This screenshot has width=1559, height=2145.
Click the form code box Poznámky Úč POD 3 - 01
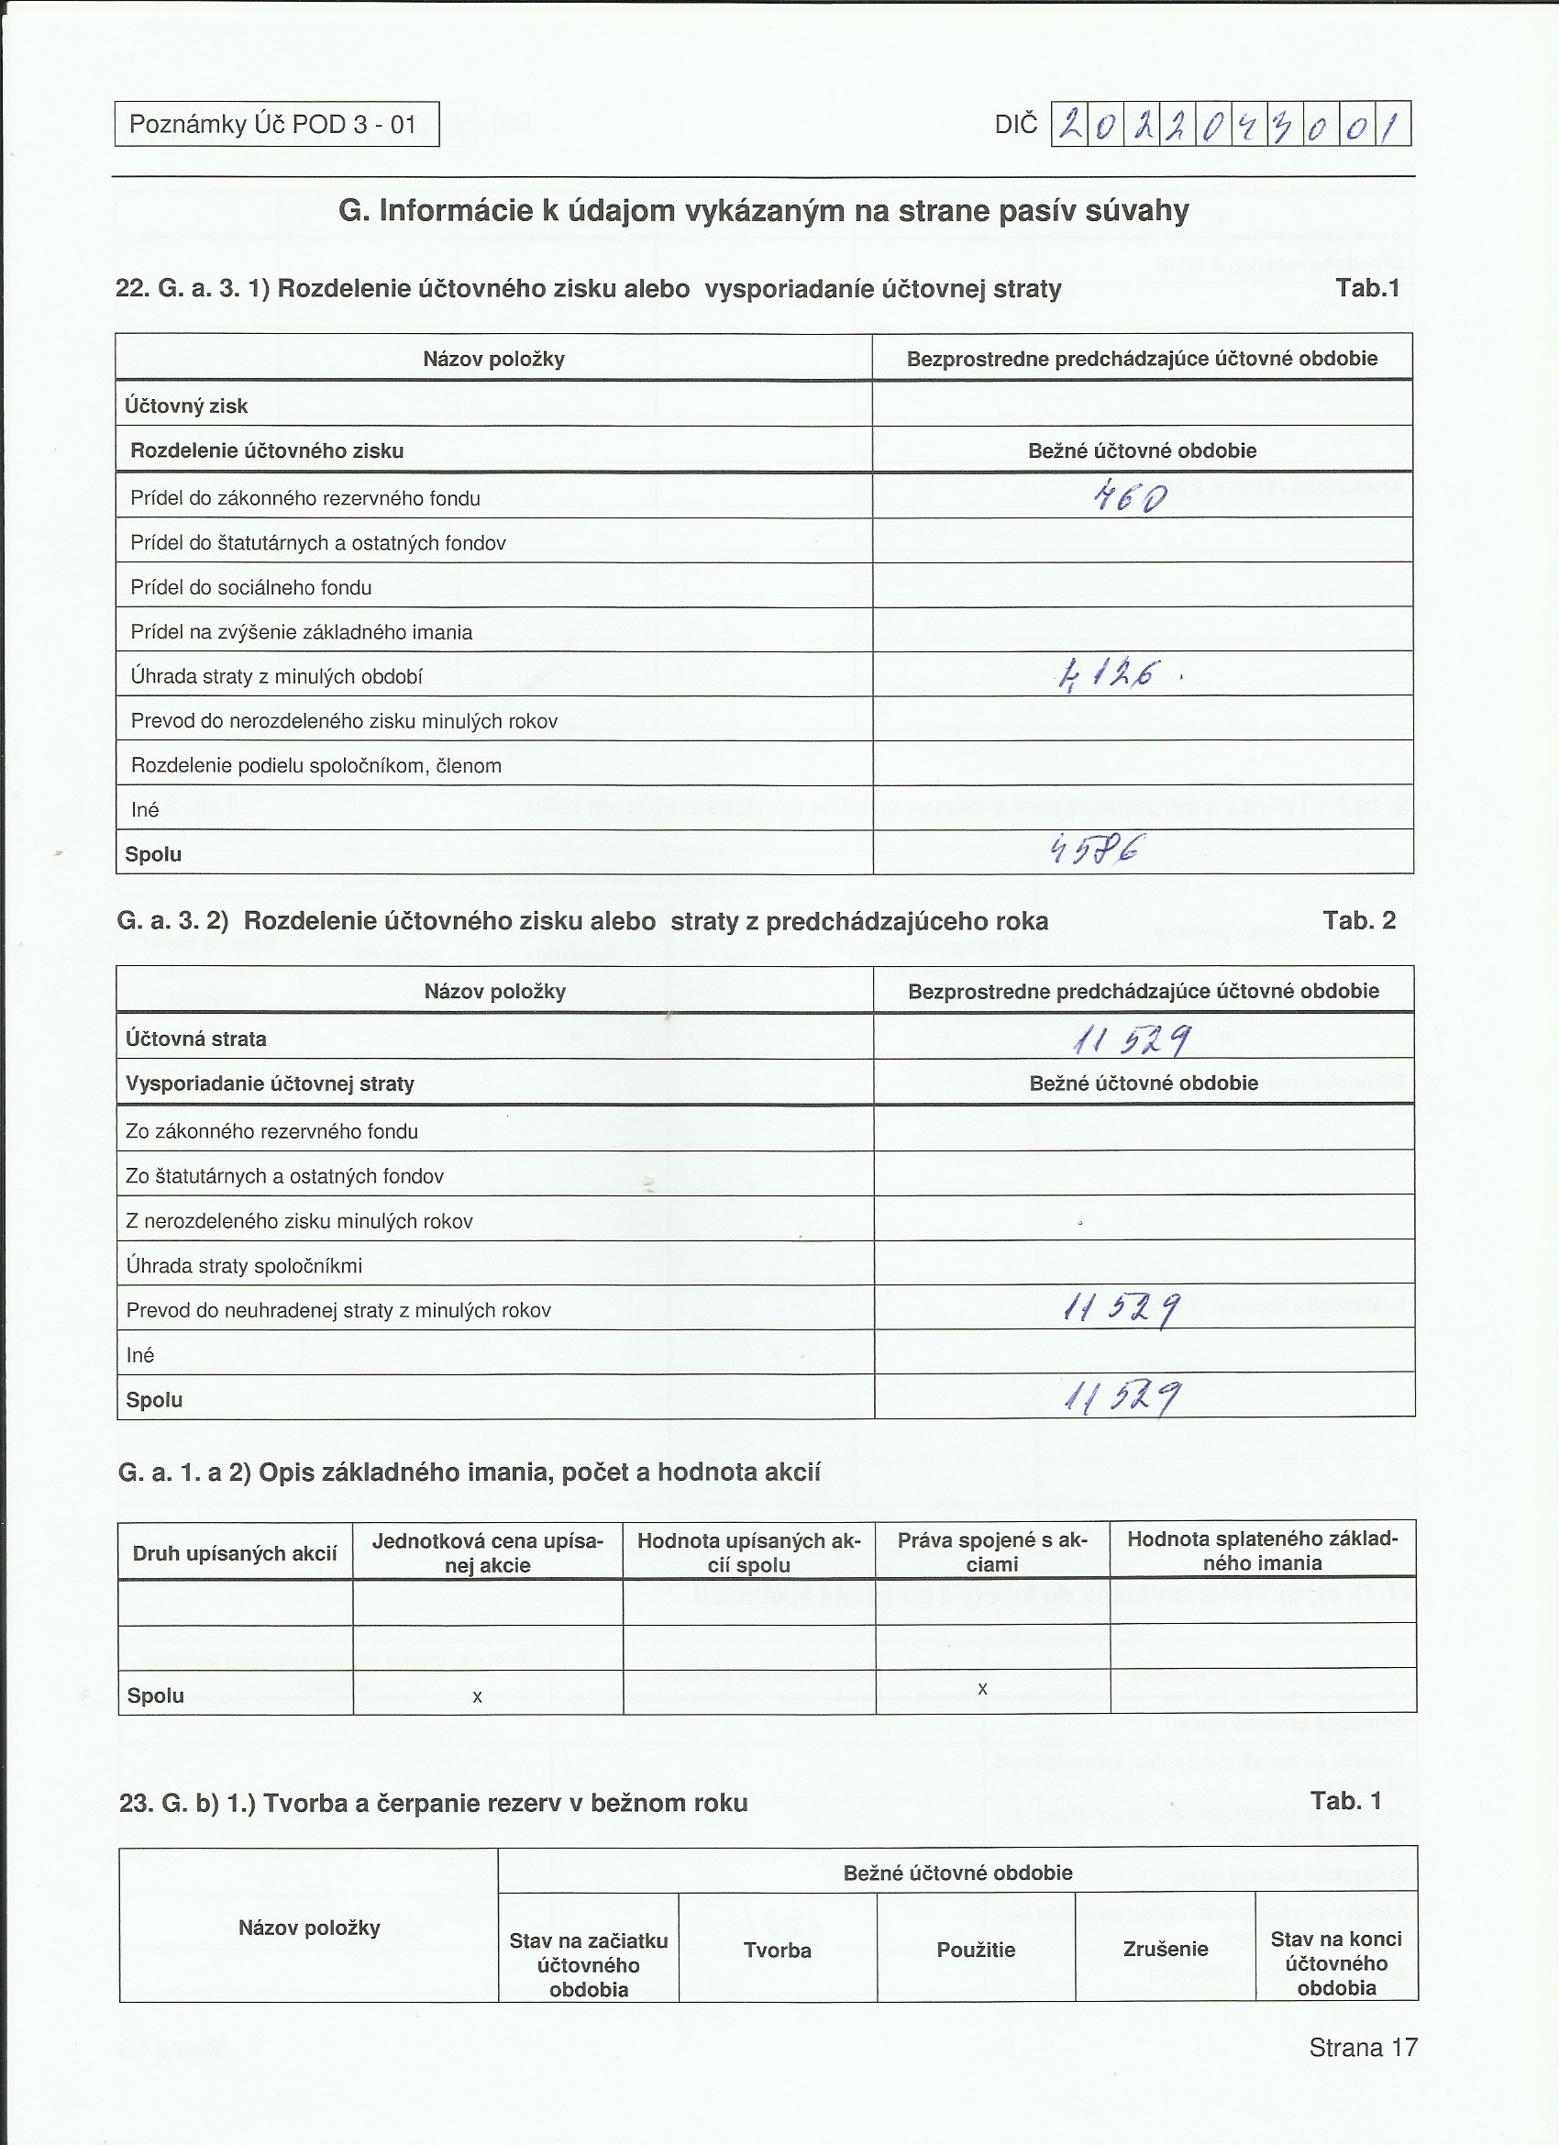tap(276, 124)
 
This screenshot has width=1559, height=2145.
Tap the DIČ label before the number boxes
tap(1015, 125)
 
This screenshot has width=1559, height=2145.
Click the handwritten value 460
tap(1130, 495)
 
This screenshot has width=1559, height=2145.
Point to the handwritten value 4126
tap(1108, 674)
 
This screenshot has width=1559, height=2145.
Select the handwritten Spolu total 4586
tap(1098, 850)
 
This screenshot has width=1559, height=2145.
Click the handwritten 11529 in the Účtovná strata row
tap(1132, 1040)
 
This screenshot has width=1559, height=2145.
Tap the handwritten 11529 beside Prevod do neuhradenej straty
tap(1122, 1309)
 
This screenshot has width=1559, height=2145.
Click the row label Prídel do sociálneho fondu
tap(250, 587)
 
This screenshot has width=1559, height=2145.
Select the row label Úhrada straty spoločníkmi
tap(244, 1265)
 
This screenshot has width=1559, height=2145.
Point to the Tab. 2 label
tap(1358, 920)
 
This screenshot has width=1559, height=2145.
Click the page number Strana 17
tap(1363, 2048)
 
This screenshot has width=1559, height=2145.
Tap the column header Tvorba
tap(777, 1951)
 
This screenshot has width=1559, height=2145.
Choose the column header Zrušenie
tap(1165, 1949)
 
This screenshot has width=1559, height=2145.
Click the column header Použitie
tap(976, 1950)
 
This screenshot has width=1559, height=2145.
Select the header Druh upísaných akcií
tap(235, 1553)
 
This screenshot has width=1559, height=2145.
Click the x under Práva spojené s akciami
tap(982, 1688)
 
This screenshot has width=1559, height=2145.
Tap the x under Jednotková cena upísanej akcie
tap(478, 1696)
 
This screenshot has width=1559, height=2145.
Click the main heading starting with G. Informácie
tap(763, 210)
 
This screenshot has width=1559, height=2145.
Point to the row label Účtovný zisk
tap(186, 406)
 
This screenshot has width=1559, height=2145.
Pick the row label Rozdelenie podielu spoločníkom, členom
tap(315, 765)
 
